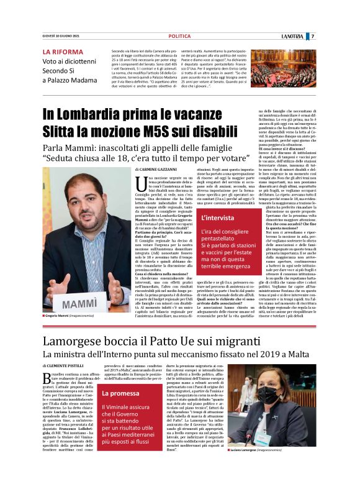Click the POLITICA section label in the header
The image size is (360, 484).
pyautogui.click(x=179, y=37)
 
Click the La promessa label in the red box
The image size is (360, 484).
pyautogui.click(x=121, y=393)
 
